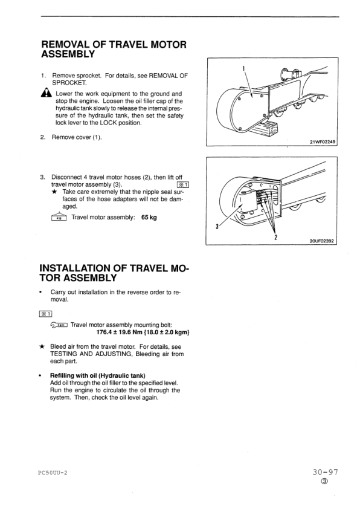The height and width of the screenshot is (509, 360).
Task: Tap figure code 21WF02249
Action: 323,142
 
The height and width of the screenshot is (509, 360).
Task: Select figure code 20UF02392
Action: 321,241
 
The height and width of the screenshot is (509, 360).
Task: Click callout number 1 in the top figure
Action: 243,68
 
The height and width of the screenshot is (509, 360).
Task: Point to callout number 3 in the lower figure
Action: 217,227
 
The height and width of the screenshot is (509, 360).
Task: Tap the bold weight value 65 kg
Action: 149,217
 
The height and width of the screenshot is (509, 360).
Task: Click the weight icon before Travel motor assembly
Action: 59,217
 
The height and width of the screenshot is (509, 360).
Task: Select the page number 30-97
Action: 326,472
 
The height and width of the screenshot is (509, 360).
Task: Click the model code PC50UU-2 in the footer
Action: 53,473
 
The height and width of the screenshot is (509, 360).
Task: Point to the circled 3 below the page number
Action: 326,481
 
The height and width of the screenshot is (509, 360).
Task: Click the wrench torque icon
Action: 59,325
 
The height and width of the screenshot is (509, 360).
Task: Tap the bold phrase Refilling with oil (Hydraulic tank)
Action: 98,375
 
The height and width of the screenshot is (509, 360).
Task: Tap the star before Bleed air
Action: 42,346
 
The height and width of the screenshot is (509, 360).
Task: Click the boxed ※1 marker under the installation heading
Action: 45,314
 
